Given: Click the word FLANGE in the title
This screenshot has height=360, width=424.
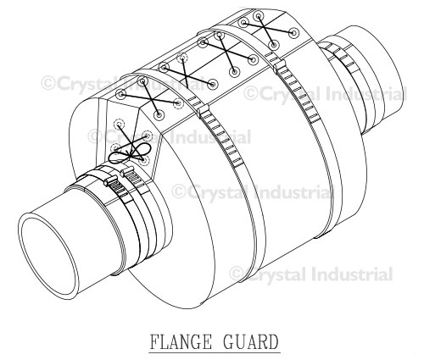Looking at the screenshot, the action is point(180,341).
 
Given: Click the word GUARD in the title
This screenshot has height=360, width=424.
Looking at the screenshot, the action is point(251,341).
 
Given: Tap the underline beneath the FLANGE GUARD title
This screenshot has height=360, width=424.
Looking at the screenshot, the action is point(215,352).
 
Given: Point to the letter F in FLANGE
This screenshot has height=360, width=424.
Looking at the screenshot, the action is point(154,341).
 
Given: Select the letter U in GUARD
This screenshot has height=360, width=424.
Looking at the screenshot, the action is point(240,341).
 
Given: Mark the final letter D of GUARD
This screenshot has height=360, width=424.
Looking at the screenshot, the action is point(273,341).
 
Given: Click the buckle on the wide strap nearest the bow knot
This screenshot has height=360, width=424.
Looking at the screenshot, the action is point(204,110).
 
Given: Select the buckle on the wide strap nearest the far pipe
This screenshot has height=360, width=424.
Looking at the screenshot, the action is point(279,66).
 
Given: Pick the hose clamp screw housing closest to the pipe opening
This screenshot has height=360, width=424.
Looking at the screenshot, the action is point(111,181).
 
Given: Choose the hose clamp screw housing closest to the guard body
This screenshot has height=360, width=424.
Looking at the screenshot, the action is point(127,171).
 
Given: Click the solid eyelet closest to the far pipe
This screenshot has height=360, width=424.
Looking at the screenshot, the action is point(294,33).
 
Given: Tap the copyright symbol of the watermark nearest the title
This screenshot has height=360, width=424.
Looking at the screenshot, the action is point(237,274).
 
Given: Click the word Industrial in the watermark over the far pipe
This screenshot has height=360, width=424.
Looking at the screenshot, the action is point(366,94).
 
